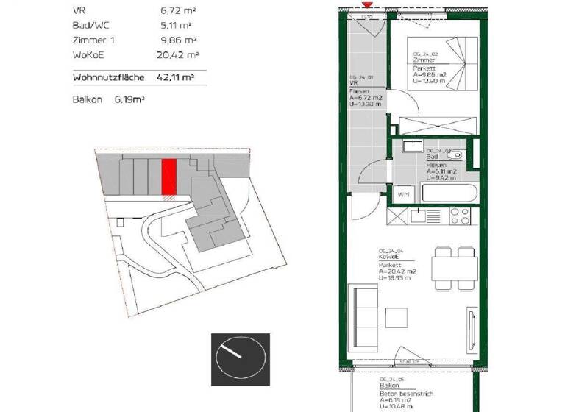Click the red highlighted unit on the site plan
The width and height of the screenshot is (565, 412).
tap(168, 177)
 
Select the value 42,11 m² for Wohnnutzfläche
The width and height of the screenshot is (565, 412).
tap(175, 77)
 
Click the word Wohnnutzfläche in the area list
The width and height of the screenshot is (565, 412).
tap(109, 77)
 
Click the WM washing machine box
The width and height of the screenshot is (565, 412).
tap(403, 195)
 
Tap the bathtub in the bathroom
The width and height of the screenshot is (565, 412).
tap(448, 195)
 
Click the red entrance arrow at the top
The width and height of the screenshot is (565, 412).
tap(367, 4)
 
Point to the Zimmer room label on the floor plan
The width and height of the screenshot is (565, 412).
tap(422, 60)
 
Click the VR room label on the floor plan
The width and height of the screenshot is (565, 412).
tap(352, 83)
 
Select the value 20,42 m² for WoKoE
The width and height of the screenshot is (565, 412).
tap(176, 54)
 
